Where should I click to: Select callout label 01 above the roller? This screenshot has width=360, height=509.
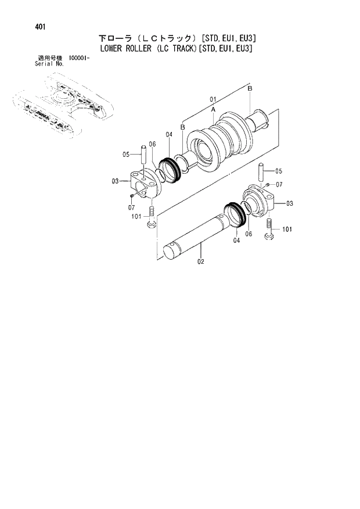click(x=213, y=99)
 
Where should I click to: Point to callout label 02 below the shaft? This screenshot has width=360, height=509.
click(x=201, y=261)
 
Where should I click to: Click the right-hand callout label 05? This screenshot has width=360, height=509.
click(x=279, y=171)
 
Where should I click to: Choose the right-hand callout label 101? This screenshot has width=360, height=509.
click(x=286, y=230)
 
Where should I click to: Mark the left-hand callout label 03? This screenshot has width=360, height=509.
click(x=115, y=181)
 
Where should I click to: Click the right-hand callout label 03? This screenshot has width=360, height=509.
click(x=289, y=203)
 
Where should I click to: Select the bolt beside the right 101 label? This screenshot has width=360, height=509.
click(x=269, y=230)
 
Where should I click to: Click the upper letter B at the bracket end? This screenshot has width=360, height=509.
click(x=250, y=88)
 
